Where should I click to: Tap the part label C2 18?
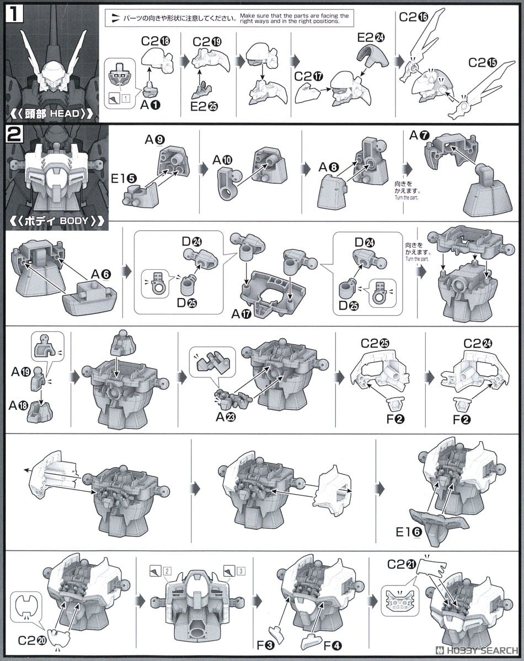coord(156,41)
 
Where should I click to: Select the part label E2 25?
coord(204,106)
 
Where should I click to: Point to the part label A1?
coord(150,105)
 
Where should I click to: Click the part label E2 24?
coord(371,37)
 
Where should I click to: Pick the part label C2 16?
coord(413,17)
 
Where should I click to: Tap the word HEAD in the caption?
coord(65,113)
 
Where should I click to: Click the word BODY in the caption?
coord(74,220)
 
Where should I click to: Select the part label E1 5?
coord(124,178)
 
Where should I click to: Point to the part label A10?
coord(222,160)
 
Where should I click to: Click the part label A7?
coord(419,135)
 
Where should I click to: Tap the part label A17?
coord(242,314)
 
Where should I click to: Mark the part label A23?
coord(226,417)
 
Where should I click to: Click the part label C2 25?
coord(375,343)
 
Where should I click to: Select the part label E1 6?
coord(409,532)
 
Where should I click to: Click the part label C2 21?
coord(401,564)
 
